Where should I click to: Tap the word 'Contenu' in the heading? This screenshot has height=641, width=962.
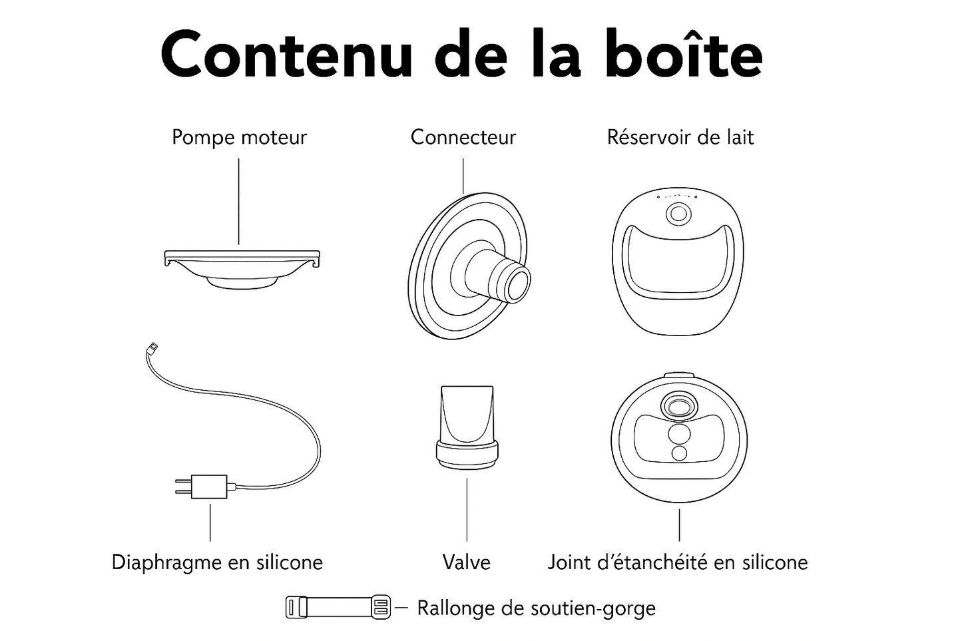tap(286, 55)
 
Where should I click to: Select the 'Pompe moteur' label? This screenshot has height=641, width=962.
tap(239, 138)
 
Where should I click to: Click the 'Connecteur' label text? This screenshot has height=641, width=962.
tap(463, 137)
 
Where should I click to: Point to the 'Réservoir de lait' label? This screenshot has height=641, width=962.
tap(680, 137)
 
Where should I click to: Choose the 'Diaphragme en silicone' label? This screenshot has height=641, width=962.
tap(217, 562)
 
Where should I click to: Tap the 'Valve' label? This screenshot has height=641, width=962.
tap(467, 562)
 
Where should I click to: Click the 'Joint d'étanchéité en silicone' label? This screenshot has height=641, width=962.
tap(678, 562)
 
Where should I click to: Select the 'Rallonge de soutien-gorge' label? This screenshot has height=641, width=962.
tap(537, 608)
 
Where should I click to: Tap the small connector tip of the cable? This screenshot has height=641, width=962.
tap(152, 347)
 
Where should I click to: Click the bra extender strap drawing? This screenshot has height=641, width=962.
tap(338, 607)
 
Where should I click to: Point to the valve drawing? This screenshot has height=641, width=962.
tap(467, 427)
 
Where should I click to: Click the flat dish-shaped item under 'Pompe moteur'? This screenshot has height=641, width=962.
tap(242, 269)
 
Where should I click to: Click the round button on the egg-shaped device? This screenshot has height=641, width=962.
tap(678, 214)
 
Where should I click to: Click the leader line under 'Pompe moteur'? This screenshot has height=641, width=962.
tap(239, 202)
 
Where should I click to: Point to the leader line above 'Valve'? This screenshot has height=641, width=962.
tap(467, 510)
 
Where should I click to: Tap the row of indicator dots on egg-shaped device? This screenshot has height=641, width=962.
tap(677, 196)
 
